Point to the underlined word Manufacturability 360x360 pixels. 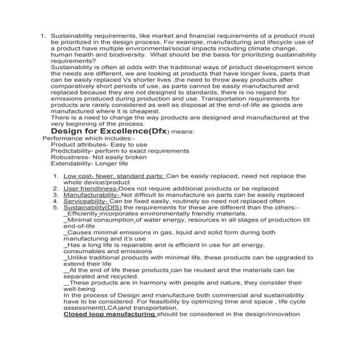(92, 195)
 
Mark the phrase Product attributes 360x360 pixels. (77, 144)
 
